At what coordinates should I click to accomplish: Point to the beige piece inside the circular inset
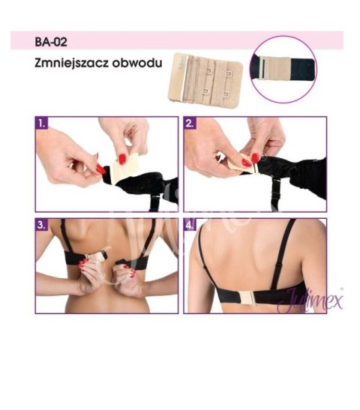coord(267,69)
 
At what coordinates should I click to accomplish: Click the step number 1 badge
coord(43,121)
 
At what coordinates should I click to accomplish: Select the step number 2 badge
coord(190,121)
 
